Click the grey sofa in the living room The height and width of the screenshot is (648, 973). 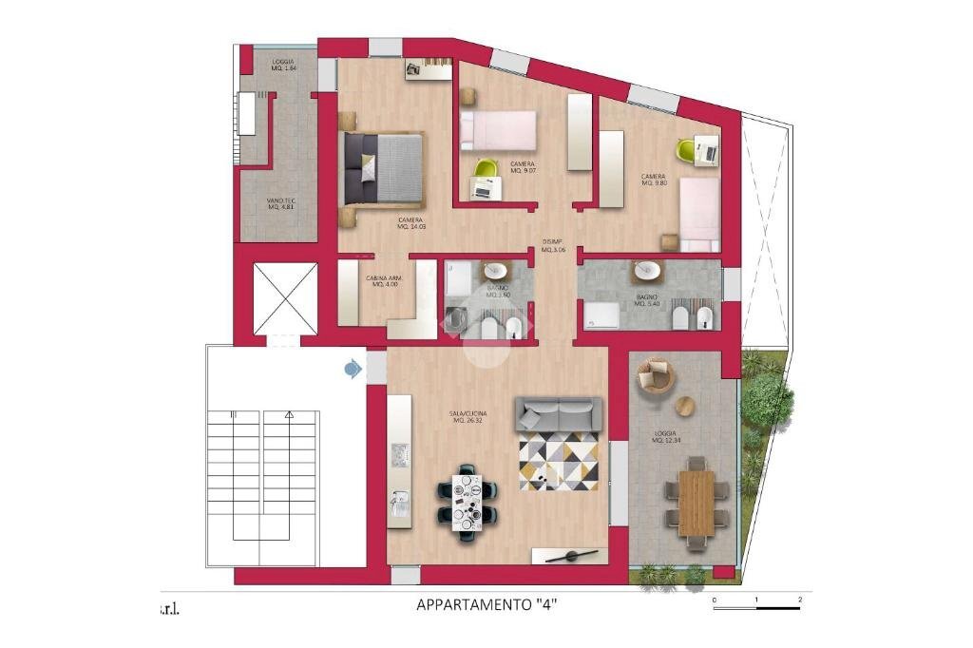tap(559, 414)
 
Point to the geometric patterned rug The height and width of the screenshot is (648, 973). tap(558, 462)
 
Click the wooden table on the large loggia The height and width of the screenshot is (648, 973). tap(696, 503)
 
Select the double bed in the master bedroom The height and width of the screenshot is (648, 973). tap(382, 168)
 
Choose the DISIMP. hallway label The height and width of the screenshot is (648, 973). tap(553, 245)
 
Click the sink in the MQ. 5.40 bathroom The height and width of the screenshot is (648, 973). tap(649, 271)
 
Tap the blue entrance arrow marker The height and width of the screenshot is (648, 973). tap(353, 367)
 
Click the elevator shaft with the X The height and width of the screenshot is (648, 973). tap(284, 298)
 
